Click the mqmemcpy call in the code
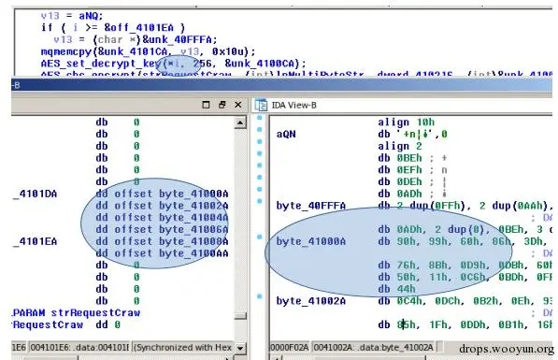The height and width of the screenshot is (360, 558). click(x=63, y=49)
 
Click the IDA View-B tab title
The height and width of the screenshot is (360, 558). click(x=299, y=106)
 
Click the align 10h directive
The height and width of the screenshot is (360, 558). click(x=407, y=122)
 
